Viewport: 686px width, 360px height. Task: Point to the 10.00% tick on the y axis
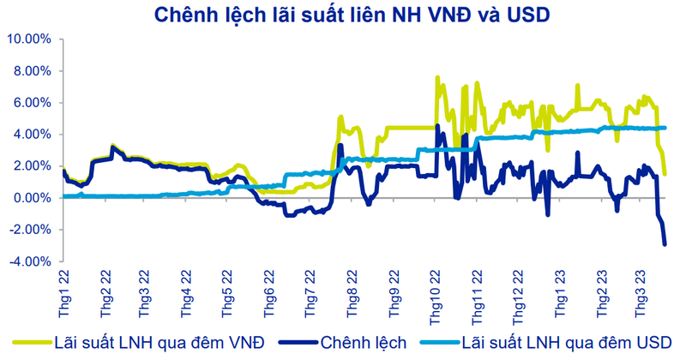(30, 39)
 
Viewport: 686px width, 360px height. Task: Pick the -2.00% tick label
(31, 230)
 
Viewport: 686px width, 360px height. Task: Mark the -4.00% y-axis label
(31, 261)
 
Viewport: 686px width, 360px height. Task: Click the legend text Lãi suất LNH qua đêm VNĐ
(159, 343)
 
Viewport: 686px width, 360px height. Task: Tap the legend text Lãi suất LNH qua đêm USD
(563, 343)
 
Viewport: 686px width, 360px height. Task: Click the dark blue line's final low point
(665, 244)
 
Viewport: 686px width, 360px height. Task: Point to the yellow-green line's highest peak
(437, 77)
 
